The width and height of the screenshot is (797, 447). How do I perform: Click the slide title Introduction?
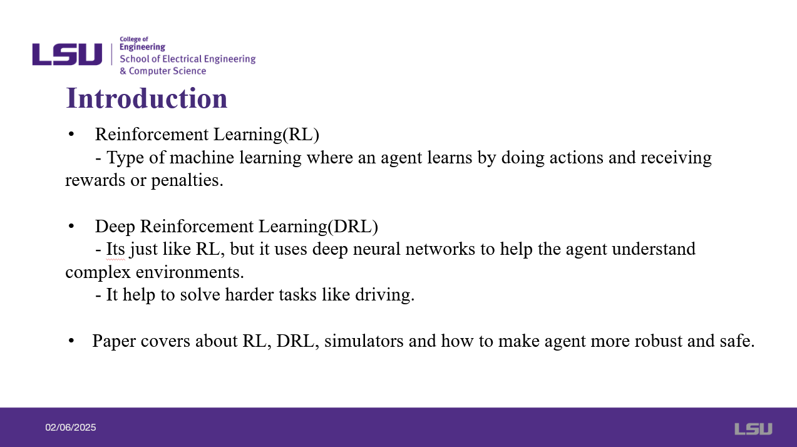147,98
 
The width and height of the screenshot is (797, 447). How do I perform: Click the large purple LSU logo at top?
67,54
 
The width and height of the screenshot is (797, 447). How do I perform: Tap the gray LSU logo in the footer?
754,429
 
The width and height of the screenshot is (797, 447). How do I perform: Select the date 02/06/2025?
71,428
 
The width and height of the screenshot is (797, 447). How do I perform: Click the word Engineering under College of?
142,48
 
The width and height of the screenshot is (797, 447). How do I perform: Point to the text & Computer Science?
163,71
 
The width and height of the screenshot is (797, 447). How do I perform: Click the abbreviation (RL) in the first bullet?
301,135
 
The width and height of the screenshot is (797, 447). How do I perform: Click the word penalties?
187,180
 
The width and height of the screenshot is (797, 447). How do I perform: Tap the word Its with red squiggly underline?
115,249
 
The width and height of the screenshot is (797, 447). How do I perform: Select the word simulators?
364,341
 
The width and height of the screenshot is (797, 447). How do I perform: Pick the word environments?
190,272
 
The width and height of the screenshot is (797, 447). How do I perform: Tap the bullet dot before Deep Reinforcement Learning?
71,226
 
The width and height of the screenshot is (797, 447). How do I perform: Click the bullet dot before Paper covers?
71,341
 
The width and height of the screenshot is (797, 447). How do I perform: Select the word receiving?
676,158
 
